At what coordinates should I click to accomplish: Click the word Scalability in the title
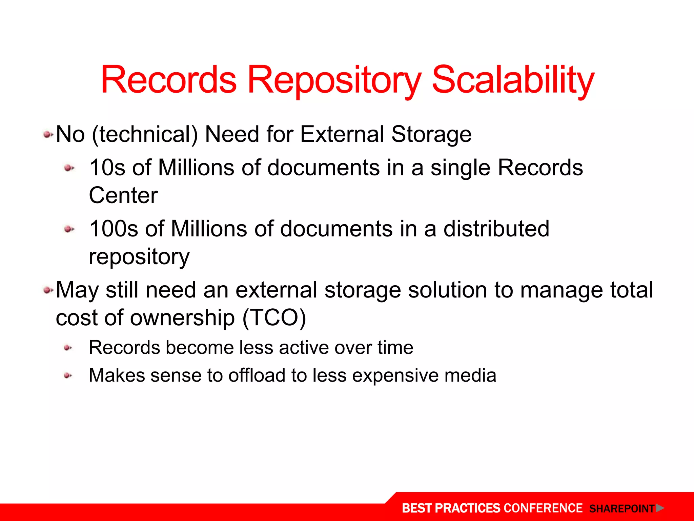(x=513, y=81)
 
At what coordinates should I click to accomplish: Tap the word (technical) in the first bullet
(x=145, y=134)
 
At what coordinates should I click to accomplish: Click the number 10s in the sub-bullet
(x=107, y=168)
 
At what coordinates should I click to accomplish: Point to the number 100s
(x=114, y=229)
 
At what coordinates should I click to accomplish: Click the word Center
(x=123, y=196)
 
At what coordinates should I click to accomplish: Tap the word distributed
(x=496, y=229)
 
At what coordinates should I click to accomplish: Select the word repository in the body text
(x=139, y=257)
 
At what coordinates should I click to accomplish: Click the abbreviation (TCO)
(x=274, y=318)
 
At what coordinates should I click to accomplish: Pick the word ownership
(x=182, y=318)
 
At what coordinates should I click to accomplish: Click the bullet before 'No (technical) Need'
(x=48, y=135)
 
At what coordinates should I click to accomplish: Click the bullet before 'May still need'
(x=48, y=290)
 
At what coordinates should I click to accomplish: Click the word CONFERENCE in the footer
(x=543, y=508)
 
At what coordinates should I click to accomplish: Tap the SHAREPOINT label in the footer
(x=621, y=509)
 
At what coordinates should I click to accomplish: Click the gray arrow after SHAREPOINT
(x=659, y=508)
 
